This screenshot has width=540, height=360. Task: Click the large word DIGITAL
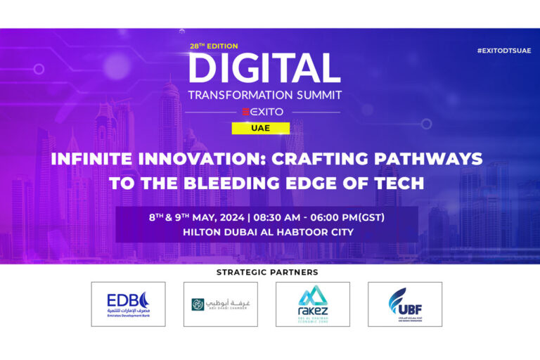[264, 68]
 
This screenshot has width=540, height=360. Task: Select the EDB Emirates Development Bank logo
[128, 304]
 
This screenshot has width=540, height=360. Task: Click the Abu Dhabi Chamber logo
[220, 304]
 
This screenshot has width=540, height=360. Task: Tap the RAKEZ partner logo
[312, 304]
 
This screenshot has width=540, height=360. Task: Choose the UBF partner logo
[405, 304]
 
